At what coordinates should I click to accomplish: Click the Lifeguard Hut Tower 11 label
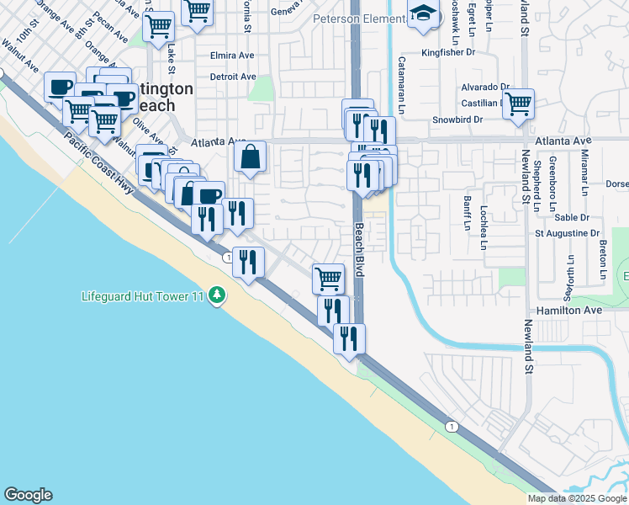(x=144, y=295)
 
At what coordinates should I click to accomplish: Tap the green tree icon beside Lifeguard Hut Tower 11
(x=217, y=295)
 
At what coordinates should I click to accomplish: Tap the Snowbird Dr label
(x=457, y=120)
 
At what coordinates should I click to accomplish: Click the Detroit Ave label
(x=233, y=77)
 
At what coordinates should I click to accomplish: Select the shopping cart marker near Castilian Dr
(x=518, y=104)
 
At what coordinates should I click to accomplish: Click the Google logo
(x=28, y=495)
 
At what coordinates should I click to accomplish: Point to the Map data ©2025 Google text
(x=577, y=498)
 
